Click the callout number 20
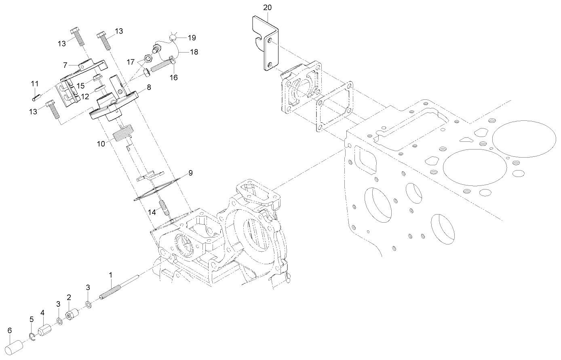267,8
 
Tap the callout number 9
190,173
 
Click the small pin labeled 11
35,97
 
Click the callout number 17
131,62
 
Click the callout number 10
101,143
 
